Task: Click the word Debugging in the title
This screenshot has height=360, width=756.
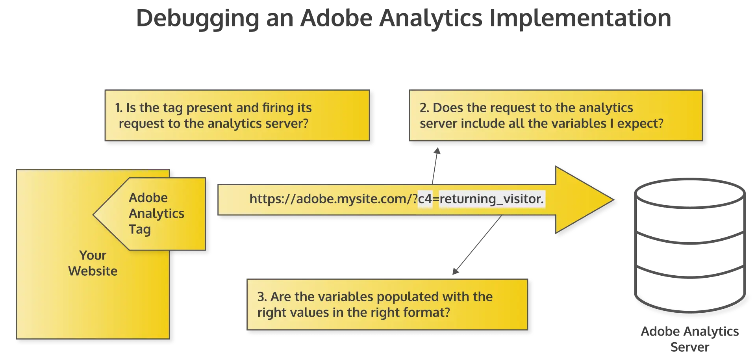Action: [198, 19]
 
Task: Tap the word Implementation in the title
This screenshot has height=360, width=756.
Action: [580, 19]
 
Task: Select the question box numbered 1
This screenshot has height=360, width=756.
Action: [237, 115]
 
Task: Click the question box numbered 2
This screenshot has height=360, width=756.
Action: [556, 115]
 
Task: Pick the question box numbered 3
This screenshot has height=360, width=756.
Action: [387, 304]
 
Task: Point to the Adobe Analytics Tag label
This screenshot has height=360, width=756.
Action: [156, 213]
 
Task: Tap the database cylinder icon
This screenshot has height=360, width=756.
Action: [690, 246]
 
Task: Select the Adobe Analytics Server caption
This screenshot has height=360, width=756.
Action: [690, 339]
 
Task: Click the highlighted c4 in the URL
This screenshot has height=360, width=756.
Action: [425, 199]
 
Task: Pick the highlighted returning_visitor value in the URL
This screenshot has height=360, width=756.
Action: [492, 199]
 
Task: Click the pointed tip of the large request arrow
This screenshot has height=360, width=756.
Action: [613, 200]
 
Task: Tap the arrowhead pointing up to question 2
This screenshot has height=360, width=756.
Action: [437, 151]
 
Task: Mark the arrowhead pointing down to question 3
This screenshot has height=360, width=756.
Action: [455, 271]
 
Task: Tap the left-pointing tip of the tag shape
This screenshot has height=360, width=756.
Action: [94, 215]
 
